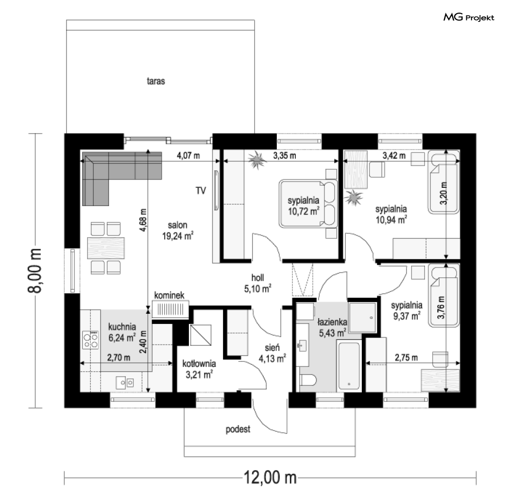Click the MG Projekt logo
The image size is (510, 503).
pos(469,17)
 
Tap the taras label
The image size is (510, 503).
pos(156,81)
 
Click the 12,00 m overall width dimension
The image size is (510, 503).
pos(270,478)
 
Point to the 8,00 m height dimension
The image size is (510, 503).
pos(35,271)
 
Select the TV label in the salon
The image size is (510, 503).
pos(201,191)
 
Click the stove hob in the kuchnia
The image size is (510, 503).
pos(90,340)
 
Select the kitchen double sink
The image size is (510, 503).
pos(125,382)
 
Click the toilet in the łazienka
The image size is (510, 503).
pos(307,380)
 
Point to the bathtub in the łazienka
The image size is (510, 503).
pos(349,365)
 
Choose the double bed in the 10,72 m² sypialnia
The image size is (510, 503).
pos(308,204)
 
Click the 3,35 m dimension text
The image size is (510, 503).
pos(285,156)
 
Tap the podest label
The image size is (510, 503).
pos(238,429)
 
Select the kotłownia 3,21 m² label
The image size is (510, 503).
pos(199,369)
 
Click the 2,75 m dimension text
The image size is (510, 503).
pos(406,358)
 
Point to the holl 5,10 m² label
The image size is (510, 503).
pos(257,283)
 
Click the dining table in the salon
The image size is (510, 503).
pos(106,248)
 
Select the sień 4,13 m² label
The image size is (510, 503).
pos(272,353)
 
